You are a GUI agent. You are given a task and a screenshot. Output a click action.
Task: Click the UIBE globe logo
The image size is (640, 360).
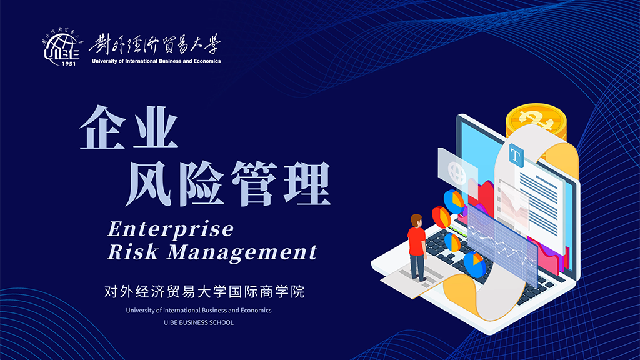tap(62, 47)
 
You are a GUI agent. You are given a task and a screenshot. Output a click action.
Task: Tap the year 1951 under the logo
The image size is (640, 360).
tap(69, 63)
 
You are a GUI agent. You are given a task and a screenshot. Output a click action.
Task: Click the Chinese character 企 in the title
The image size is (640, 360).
tap(102, 127)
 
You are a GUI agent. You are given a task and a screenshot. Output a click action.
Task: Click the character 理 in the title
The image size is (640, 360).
tap(307, 183)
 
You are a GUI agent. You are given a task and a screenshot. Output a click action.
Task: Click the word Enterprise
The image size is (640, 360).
tap(171, 229)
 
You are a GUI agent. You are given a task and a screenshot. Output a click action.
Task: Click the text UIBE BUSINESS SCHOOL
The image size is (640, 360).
tap(199, 322)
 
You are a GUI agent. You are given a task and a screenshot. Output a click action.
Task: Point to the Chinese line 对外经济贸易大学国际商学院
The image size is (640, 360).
tap(204, 292)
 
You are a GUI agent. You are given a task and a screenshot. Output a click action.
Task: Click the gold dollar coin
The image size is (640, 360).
tap(536, 121)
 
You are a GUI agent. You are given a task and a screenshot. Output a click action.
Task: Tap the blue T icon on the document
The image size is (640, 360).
tap(516, 155)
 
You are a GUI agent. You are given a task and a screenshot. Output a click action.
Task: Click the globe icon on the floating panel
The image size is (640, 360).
tap(457, 172)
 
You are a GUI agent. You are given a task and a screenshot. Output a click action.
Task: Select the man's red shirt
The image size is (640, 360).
tap(417, 241)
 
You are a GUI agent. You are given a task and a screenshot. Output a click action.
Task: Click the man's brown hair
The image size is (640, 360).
tap(416, 219)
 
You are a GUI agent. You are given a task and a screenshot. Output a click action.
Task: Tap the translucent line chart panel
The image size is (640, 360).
tap(502, 244)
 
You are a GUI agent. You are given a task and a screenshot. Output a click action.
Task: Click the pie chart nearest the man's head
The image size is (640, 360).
tap(441, 217)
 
